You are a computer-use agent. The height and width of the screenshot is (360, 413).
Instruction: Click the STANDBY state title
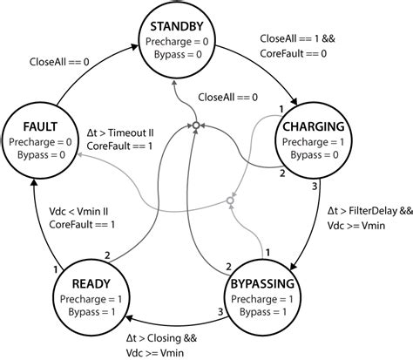pos(177,26)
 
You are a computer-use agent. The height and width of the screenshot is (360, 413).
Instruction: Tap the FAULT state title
pos(40,127)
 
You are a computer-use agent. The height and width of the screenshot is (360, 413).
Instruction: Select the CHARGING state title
pos(314,126)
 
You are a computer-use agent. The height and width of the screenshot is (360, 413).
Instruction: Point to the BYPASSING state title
pos(262,284)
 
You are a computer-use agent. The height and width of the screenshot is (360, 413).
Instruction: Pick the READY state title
pos(91,284)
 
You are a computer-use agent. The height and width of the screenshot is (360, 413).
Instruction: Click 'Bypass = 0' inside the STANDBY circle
pos(178,54)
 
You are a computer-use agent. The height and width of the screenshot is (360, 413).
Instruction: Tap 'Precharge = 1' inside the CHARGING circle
pos(313,142)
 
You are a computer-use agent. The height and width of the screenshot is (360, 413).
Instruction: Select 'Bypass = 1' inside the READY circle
pos(91,312)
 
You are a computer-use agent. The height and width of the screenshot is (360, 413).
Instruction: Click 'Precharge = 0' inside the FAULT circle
pos(40,142)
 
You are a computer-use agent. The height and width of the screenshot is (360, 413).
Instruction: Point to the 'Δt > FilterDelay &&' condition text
pos(370,211)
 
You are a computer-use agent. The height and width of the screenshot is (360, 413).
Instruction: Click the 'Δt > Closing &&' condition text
pos(161,338)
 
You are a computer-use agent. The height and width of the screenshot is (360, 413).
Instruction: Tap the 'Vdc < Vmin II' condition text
pos(78,212)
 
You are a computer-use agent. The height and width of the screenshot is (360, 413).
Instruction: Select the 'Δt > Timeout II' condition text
pos(120,133)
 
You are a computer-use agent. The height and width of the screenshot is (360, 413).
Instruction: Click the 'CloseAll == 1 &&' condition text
pos(297,38)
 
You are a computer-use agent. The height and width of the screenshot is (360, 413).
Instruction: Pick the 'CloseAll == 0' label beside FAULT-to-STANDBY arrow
pos(59,62)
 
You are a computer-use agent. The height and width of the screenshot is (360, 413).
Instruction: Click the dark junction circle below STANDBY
pos(196,126)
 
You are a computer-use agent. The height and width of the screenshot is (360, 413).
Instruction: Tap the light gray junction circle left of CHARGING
pos(230,200)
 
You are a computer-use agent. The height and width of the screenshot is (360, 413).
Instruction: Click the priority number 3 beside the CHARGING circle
pos(315,187)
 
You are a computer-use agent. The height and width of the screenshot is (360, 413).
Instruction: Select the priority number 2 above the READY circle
pos(107,255)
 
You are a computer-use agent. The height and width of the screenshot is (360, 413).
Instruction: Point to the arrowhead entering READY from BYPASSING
pos(128,319)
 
